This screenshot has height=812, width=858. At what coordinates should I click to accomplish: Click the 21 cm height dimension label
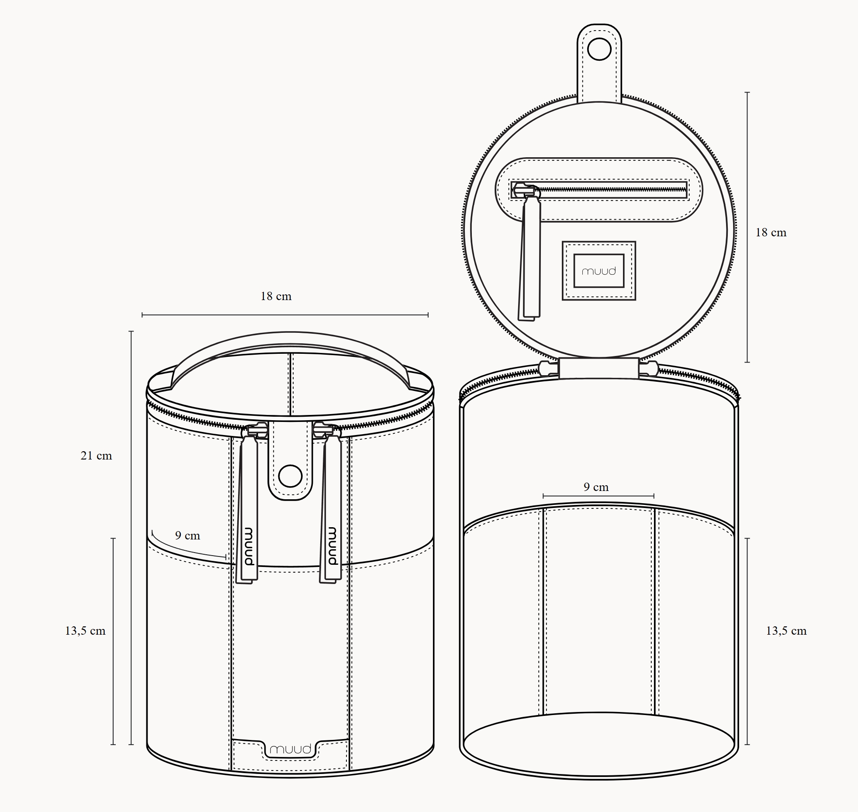[x=96, y=456]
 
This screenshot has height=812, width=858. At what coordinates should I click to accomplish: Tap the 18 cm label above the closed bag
[x=276, y=296]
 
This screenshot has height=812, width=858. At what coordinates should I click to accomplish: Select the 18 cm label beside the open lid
[x=771, y=232]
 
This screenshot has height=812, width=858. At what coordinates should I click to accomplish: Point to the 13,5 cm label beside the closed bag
[x=85, y=631]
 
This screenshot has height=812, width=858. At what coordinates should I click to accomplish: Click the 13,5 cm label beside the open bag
[x=786, y=631]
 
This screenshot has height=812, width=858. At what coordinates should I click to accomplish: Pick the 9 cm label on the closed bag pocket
[x=187, y=536]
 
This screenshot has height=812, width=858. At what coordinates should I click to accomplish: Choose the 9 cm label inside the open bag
[x=596, y=487]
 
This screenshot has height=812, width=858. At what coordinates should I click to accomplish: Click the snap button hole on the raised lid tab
[x=599, y=50]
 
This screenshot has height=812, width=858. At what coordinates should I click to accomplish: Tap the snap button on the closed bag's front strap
[x=291, y=476]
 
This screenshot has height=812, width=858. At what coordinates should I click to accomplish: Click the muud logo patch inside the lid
[x=599, y=271]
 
